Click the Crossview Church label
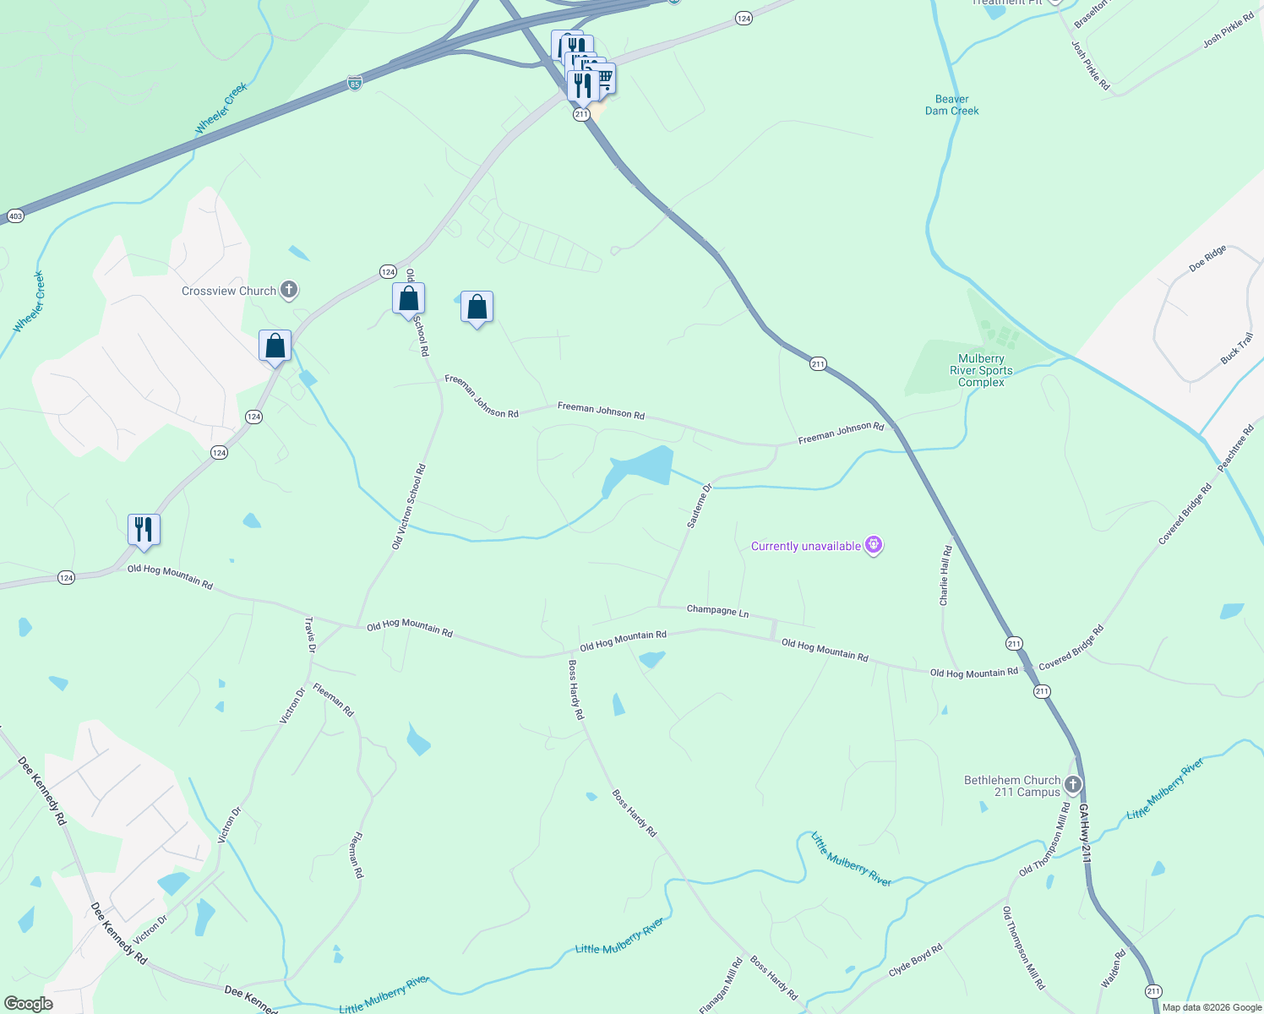[x=229, y=291]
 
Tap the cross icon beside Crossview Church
[x=289, y=291]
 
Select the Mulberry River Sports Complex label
[x=981, y=370]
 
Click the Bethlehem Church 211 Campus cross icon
[x=1072, y=785]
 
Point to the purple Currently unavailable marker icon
[x=874, y=546]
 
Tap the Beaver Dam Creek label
[x=951, y=105]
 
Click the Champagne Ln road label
[x=717, y=610]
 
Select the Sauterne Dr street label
[x=700, y=506]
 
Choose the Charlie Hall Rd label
[x=945, y=575]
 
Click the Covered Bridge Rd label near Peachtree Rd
[x=1185, y=513]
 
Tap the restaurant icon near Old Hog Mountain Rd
[x=144, y=530]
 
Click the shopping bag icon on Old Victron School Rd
[x=408, y=298]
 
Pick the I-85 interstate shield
[x=354, y=84]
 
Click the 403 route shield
[x=14, y=216]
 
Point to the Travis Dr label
[x=309, y=635]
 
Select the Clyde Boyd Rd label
[x=915, y=961]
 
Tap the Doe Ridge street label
[x=1207, y=259]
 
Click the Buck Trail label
[x=1237, y=349]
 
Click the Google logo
[x=28, y=1004]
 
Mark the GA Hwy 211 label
[x=1085, y=833]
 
